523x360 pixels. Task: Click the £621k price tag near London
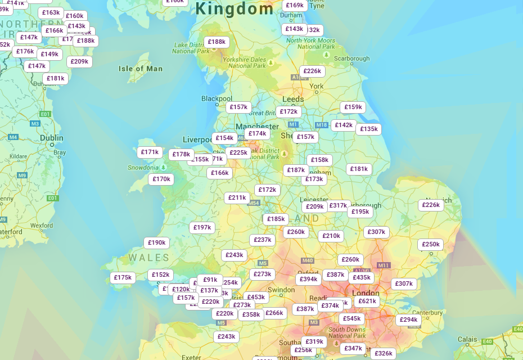[x=367, y=301]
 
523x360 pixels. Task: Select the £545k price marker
[x=352, y=318]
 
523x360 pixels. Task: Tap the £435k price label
[x=361, y=277]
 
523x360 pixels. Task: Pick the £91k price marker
[x=210, y=280]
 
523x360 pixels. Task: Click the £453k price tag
[x=256, y=297]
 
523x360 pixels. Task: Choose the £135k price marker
[x=368, y=129]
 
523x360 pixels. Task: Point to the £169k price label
[x=294, y=5]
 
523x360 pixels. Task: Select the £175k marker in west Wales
[x=123, y=277]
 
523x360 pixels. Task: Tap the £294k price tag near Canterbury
[x=408, y=319]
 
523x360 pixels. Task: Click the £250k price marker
[x=430, y=244]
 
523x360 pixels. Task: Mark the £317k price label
[x=338, y=206]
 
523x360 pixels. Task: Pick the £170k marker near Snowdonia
[x=161, y=179]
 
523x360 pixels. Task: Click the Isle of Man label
[x=141, y=69]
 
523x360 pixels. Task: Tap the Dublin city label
[x=52, y=137]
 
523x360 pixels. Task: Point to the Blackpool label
[x=217, y=98]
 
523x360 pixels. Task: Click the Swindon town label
[x=281, y=290]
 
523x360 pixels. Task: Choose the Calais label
[x=467, y=339]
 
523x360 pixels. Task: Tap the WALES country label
[x=148, y=258]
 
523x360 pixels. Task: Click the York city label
[x=317, y=86]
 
